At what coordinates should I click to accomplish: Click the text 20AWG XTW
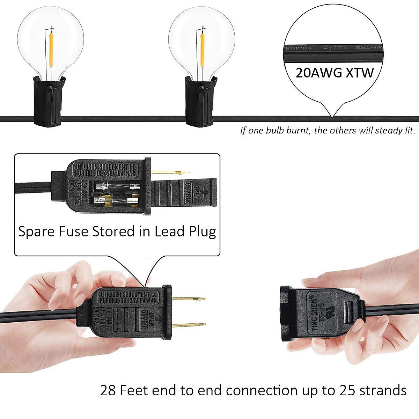pos(335,73)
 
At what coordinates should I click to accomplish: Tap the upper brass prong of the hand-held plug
pos(189,299)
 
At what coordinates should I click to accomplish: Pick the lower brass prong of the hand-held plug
pos(189,325)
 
